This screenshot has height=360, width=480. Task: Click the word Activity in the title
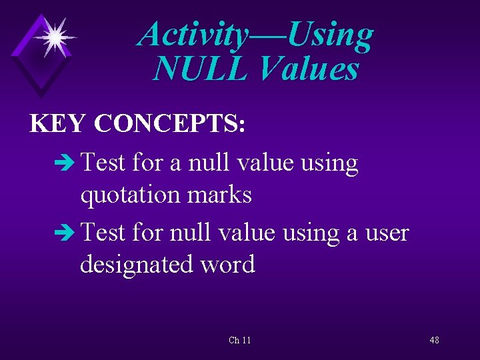pos(191,34)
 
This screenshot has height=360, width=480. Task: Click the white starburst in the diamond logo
pos(55,37)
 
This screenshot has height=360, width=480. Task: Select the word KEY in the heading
pos(58,123)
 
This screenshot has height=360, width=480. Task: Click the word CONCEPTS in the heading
pos(169,123)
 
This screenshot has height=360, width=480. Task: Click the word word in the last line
pos(229,264)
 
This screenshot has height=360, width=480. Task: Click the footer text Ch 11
pos(240,341)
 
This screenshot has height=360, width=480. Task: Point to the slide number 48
pos(434,341)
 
